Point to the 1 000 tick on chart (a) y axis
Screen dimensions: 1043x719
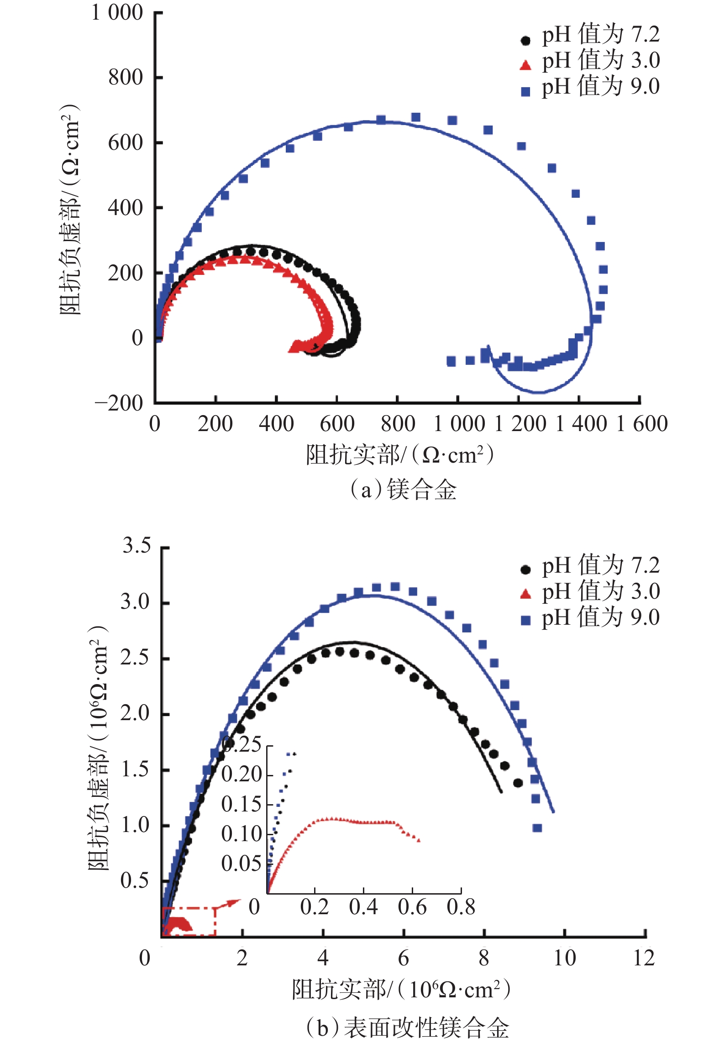[117, 13]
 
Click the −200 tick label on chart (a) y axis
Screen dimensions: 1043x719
[119, 403]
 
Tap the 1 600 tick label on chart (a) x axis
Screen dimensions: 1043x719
[642, 424]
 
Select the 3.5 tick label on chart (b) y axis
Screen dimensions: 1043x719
[136, 546]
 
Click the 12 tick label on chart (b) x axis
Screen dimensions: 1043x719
[644, 958]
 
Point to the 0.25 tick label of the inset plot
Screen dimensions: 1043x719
[241, 745]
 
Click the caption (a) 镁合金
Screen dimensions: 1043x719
[404, 490]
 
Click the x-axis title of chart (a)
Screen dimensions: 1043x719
[400, 455]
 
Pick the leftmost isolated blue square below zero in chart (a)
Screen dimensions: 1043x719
[451, 362]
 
